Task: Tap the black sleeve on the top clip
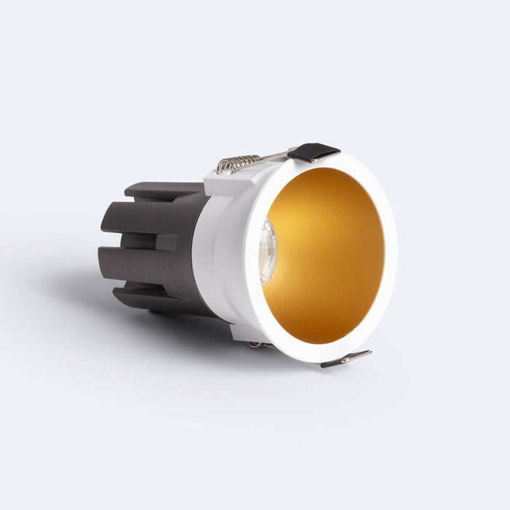pyautogui.click(x=312, y=152)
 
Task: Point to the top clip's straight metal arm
pyautogui.click(x=273, y=156)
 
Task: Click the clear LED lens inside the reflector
pyautogui.click(x=267, y=251)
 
